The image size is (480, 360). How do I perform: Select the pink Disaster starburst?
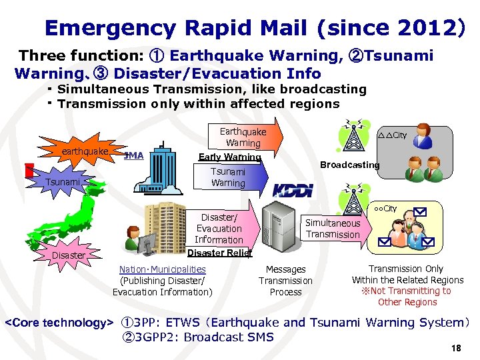[x=69, y=254]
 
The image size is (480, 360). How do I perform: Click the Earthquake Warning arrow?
[x=246, y=137]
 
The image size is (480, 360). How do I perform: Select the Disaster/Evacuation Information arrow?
[x=220, y=228]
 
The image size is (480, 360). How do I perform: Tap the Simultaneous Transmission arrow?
[x=333, y=229]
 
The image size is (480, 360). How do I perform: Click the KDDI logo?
[x=293, y=189]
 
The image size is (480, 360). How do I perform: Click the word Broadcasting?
[x=349, y=165]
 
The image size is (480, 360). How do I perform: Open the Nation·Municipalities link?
[x=162, y=269]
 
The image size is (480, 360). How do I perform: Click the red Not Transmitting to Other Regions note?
[x=407, y=297]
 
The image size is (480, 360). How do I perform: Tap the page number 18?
[x=456, y=347]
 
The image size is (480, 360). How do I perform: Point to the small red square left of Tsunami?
[x=29, y=170]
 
